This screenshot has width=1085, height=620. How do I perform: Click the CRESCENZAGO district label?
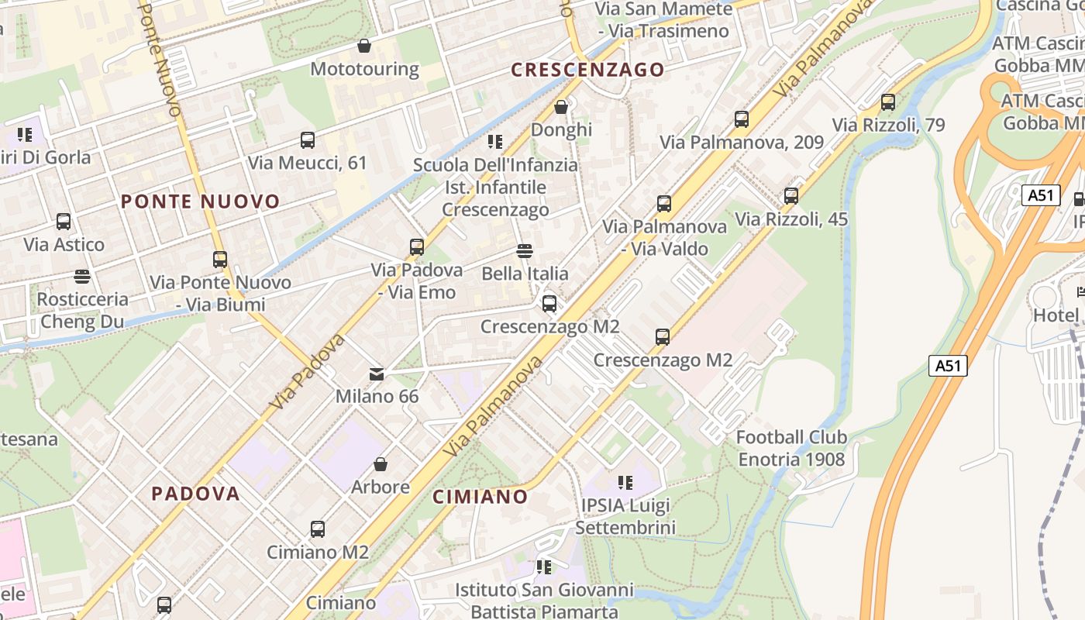587,70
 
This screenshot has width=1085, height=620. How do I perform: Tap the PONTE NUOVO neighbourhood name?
200,201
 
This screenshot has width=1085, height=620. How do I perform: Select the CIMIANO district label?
480,496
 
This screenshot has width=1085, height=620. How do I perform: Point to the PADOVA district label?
195,493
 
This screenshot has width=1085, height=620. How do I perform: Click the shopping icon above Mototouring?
364,46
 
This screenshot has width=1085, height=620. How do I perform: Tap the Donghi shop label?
561,129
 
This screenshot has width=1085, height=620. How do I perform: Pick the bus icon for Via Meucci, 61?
308,140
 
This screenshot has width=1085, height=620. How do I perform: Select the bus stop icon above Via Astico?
64,222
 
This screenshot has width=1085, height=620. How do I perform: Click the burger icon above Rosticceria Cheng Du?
82,276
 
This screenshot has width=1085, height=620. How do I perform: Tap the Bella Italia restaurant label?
525,274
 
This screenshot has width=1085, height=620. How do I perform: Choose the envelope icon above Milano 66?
377,374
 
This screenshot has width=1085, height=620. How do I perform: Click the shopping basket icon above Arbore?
380,464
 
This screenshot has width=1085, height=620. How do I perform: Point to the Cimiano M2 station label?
318,552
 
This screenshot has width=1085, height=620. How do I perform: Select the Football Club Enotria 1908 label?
791,448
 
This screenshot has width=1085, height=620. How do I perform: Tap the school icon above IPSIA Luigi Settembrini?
625,484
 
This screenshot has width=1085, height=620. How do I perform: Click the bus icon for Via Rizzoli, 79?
888,102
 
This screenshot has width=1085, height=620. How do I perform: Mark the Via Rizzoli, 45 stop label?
791,219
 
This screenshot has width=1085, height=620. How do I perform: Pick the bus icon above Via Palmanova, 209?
742,119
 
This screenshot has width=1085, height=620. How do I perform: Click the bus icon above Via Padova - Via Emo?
417,247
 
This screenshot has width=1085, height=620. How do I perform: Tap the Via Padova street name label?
308,372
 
